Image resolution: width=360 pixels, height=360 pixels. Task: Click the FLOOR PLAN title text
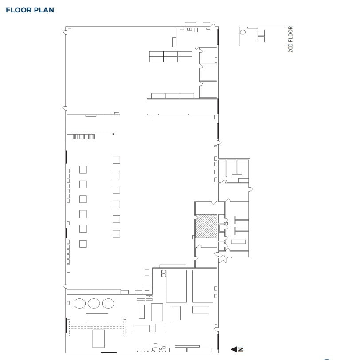click(30, 10)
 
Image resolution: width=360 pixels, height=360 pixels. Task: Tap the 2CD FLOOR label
click(291, 40)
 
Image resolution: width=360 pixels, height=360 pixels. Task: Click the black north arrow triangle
click(234, 349)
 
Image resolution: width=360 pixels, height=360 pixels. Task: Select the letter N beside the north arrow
click(241, 349)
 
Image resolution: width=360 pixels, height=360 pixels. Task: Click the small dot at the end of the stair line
click(113, 134)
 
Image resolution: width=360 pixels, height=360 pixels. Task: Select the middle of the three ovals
click(94, 303)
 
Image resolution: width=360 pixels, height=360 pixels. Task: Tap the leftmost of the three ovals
click(79, 303)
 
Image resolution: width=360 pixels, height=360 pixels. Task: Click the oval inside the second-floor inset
click(243, 32)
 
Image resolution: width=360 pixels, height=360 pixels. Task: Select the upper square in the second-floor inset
click(261, 32)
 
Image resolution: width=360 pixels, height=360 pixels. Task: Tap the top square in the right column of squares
click(117, 159)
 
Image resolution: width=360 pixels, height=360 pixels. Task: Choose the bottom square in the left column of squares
click(83, 243)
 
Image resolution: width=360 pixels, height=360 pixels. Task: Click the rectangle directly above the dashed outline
click(97, 318)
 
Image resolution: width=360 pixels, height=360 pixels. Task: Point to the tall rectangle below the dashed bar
click(98, 338)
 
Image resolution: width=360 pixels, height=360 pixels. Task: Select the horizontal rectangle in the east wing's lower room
click(238, 241)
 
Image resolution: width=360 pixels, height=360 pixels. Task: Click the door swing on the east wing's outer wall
click(251, 190)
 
